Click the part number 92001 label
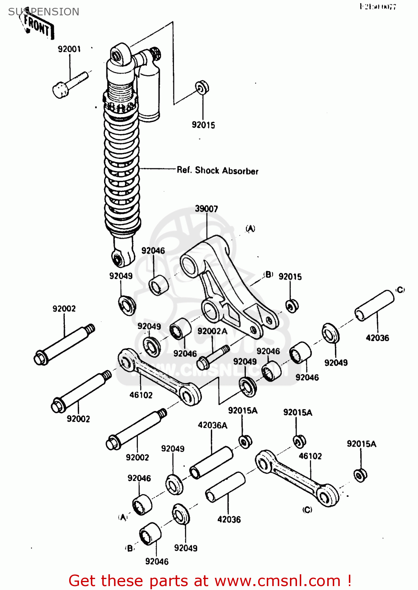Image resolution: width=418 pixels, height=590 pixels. click(69, 49)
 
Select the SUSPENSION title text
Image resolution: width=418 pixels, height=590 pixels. click(44, 12)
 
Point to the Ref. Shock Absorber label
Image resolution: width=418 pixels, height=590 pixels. click(217, 171)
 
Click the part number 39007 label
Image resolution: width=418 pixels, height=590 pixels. click(206, 209)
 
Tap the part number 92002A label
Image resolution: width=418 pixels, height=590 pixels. click(212, 331)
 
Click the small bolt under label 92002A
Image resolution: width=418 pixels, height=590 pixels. click(212, 357)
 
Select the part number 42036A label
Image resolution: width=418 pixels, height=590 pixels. click(212, 425)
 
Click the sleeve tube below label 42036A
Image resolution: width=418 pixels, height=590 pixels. click(211, 463)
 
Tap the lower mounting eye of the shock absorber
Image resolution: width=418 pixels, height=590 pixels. click(118, 258)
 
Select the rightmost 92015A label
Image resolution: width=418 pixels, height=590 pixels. click(361, 444)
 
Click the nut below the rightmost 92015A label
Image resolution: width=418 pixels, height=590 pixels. click(360, 475)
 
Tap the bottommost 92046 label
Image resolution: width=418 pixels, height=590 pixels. click(157, 562)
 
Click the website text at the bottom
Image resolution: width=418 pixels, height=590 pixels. click(210, 581)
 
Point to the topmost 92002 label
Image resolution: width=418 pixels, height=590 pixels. click(64, 309)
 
